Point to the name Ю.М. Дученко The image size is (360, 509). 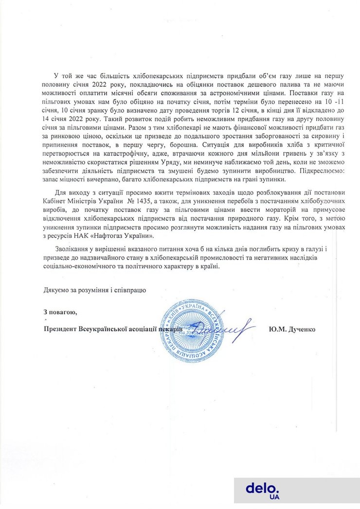tap(291, 329)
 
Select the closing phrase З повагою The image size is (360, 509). tap(59, 312)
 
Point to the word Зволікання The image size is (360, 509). tap(72, 249)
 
